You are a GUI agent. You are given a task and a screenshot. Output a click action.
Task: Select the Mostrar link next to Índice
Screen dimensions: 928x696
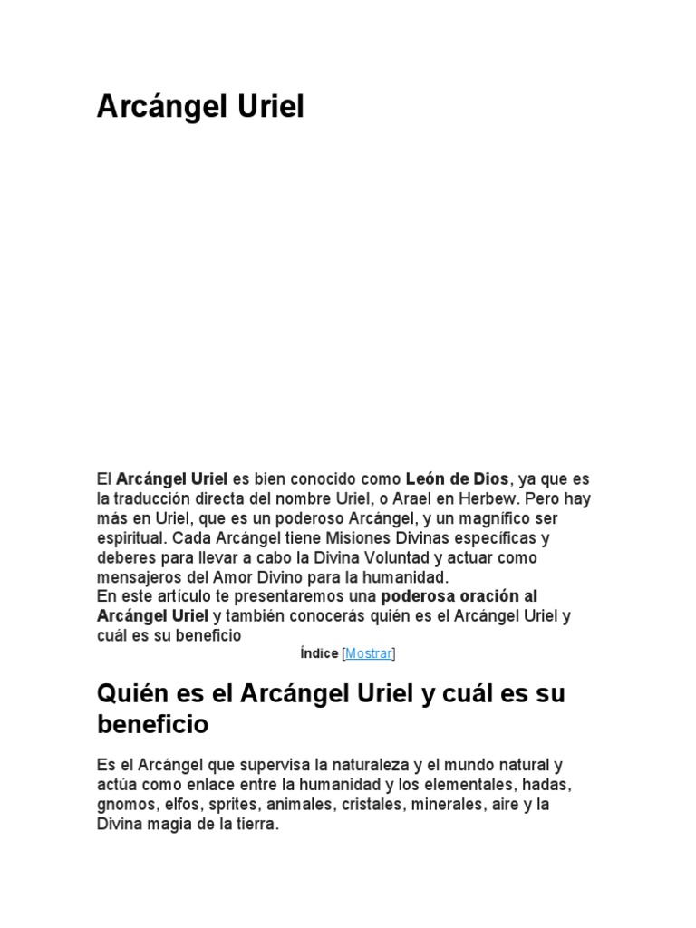(x=369, y=652)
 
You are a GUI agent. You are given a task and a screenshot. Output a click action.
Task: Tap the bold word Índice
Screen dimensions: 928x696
(x=318, y=652)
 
